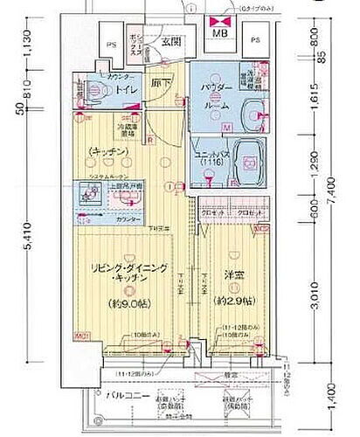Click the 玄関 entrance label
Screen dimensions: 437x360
[170, 40]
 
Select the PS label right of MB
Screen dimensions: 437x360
[255, 40]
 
